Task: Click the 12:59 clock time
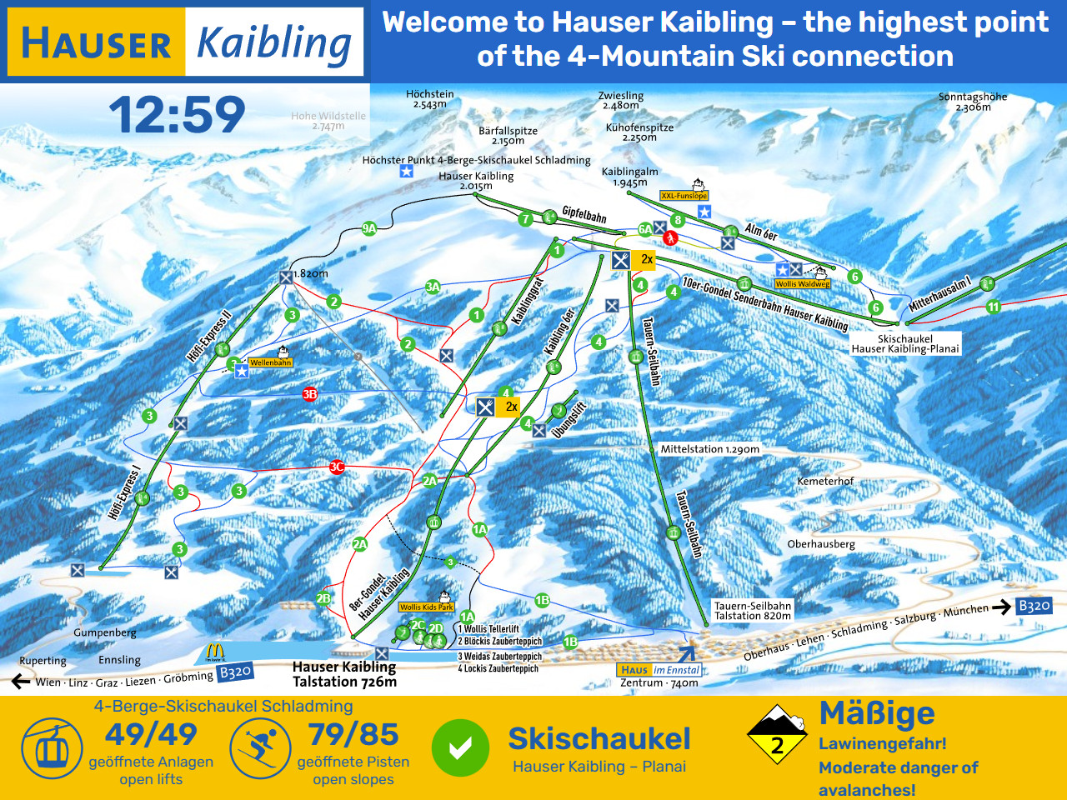tap(177, 114)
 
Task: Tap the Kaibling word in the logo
tap(273, 42)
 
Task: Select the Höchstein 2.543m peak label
tap(430, 99)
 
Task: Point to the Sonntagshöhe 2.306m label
tap(972, 102)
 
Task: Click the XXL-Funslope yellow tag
tap(684, 196)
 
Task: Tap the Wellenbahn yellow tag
tap(271, 362)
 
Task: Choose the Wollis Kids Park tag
tap(426, 607)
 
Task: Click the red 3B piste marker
tap(310, 394)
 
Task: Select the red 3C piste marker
tap(337, 467)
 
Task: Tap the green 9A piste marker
tap(369, 228)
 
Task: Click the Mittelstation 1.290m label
tap(709, 449)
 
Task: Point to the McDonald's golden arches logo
tap(215, 652)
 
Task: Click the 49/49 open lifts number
tap(151, 734)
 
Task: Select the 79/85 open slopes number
tap(353, 734)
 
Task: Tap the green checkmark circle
tap(460, 747)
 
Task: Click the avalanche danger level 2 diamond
tap(777, 735)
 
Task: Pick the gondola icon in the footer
tap(52, 747)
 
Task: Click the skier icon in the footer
tap(259, 747)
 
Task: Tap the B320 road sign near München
tap(1034, 606)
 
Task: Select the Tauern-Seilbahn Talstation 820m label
tap(752, 611)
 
